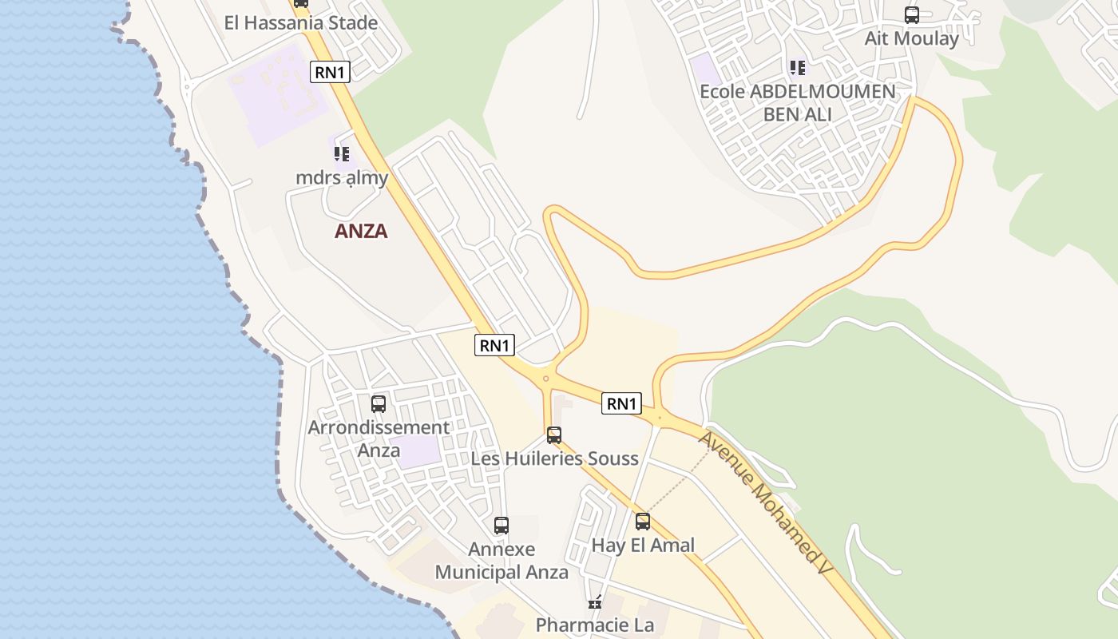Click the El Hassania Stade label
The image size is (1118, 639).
(x=300, y=23)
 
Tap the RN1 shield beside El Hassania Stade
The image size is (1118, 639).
(x=330, y=72)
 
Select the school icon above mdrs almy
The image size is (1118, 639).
(x=342, y=153)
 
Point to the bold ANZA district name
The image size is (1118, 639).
(x=361, y=232)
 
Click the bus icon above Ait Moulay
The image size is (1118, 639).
(x=911, y=15)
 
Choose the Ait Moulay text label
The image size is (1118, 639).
(x=911, y=38)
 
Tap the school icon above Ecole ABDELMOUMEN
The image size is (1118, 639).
(x=797, y=68)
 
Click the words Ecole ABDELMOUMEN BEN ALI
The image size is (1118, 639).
(x=797, y=103)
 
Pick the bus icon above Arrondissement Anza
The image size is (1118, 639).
(x=379, y=404)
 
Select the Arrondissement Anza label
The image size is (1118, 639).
(x=379, y=439)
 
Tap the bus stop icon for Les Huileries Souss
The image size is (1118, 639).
(x=554, y=435)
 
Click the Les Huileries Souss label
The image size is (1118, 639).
(x=554, y=458)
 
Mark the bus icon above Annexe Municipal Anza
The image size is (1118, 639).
(x=502, y=526)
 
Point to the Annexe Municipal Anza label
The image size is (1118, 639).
(x=502, y=561)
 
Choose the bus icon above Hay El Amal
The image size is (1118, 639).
(x=643, y=522)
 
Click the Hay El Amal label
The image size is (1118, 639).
(x=643, y=546)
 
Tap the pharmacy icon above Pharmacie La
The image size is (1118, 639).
(x=594, y=602)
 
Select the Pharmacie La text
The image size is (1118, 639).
(x=594, y=625)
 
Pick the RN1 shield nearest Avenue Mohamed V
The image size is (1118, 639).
(x=621, y=404)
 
